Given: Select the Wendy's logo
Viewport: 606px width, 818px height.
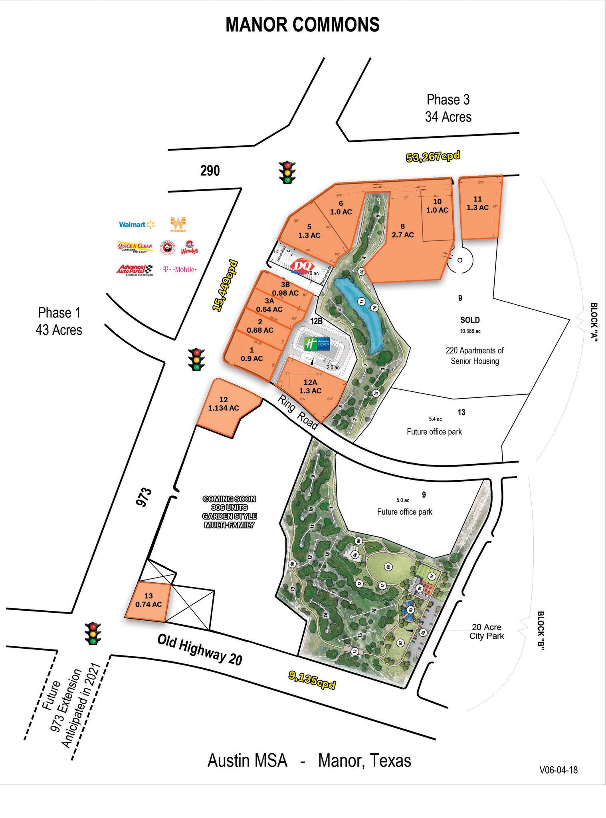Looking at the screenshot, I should point(189,248).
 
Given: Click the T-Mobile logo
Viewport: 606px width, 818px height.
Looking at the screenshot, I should point(180,270).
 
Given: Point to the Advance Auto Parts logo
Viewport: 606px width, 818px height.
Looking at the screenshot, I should point(135,270).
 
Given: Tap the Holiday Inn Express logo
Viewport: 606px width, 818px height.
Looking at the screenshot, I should point(317,343).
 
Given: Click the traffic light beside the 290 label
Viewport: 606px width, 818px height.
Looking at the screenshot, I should point(287,172).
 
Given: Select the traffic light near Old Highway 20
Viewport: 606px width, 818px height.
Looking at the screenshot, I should point(93,633).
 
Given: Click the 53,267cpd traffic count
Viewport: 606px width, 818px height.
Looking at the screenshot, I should point(433,156).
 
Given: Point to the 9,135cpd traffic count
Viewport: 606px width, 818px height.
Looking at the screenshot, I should point(312,681).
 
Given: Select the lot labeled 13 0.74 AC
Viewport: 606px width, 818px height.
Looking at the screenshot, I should point(148,601).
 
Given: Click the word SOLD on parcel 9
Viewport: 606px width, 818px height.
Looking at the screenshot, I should point(470,320).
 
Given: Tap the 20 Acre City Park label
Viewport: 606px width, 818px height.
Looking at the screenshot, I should point(486,631).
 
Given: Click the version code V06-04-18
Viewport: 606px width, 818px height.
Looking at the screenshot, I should point(558,770).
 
